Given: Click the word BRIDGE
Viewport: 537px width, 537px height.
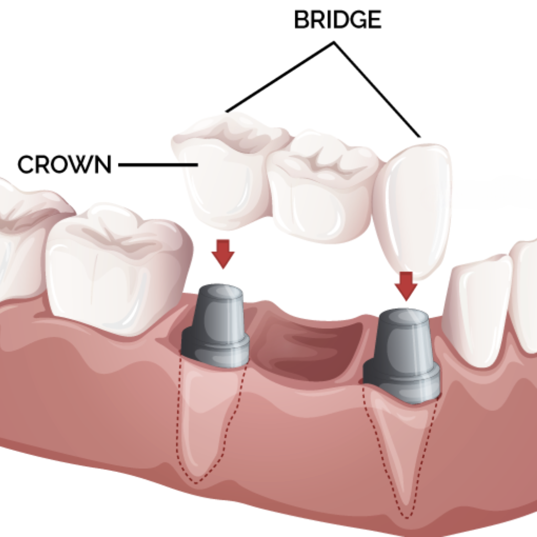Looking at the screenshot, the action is click(x=338, y=19).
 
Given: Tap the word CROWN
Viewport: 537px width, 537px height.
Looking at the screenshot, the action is click(x=65, y=164).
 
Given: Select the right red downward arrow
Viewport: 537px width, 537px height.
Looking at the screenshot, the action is click(x=406, y=286).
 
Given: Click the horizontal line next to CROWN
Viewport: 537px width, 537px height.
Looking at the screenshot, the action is click(x=158, y=165).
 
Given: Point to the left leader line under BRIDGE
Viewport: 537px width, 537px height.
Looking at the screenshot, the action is click(x=280, y=77).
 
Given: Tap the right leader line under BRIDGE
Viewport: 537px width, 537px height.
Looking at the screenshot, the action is click(x=377, y=89).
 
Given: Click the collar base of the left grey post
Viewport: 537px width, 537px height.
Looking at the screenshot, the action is click(x=215, y=349).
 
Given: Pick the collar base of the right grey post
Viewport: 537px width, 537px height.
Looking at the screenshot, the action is click(x=401, y=382).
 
